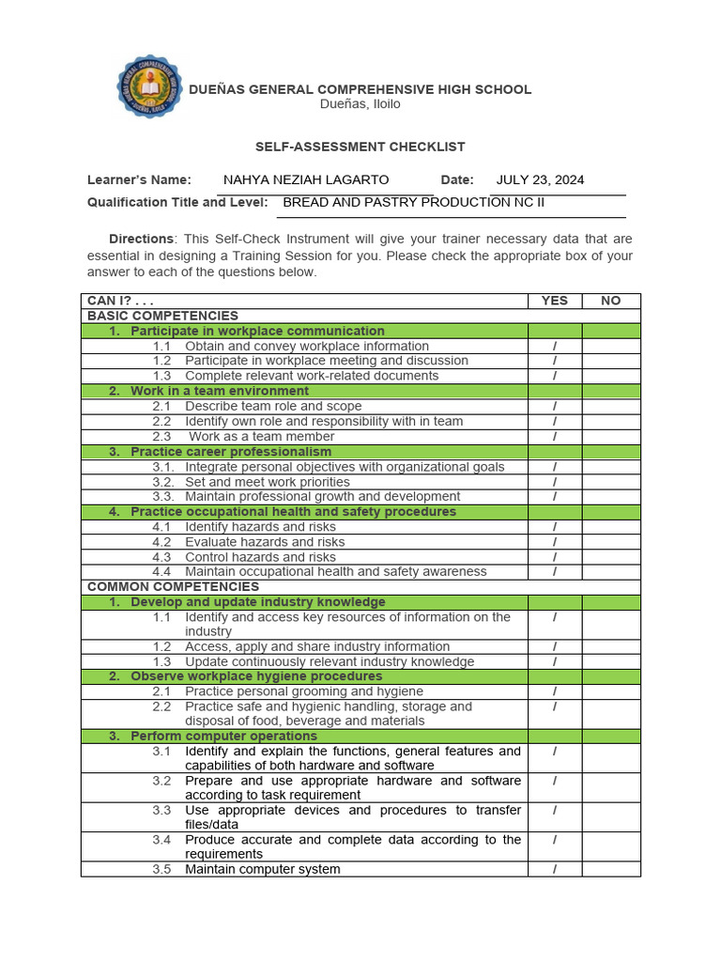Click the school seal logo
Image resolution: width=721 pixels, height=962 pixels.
click(x=149, y=87)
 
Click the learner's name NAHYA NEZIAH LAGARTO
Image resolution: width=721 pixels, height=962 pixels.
click(x=306, y=179)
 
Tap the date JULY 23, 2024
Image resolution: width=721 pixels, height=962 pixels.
click(x=540, y=179)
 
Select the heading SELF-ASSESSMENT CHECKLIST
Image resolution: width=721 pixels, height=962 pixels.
click(x=360, y=147)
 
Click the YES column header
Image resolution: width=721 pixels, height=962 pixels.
click(x=555, y=301)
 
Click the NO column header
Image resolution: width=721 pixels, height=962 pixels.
click(x=611, y=301)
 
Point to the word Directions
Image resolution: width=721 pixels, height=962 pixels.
click(x=141, y=239)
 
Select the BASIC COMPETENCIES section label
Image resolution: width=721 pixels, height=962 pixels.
click(x=162, y=316)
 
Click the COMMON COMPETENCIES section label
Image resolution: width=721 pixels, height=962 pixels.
click(x=173, y=586)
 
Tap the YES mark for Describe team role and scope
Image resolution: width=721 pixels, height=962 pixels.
click(x=555, y=406)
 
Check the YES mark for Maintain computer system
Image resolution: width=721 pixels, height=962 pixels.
click(x=555, y=869)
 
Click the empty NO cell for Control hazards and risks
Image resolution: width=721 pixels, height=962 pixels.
click(x=611, y=557)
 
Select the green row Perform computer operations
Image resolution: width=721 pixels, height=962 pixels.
click(x=223, y=736)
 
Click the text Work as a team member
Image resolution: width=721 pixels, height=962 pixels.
click(x=262, y=436)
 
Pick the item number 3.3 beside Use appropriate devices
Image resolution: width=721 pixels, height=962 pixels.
click(x=161, y=810)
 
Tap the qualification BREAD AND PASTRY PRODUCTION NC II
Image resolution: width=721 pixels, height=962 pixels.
click(x=413, y=202)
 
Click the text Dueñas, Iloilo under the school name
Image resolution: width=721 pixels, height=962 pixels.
click(x=360, y=104)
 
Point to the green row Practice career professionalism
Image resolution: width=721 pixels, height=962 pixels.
click(x=231, y=451)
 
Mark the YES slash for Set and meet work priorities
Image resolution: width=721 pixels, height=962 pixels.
click(x=555, y=482)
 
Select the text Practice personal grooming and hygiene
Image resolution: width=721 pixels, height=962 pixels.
click(x=304, y=691)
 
